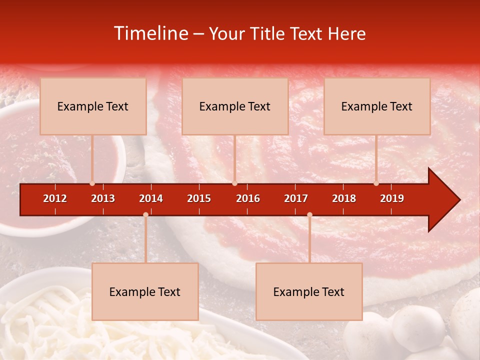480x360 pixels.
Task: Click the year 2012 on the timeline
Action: [x=55, y=198]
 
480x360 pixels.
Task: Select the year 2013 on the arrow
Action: [x=103, y=198]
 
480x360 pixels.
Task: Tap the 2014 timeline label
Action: [x=151, y=198]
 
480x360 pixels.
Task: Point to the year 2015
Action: [x=199, y=198]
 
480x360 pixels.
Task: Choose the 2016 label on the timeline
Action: [x=248, y=198]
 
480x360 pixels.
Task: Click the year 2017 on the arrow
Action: [x=296, y=198]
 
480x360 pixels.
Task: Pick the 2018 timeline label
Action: [x=344, y=198]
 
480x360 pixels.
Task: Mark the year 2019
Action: [x=392, y=198]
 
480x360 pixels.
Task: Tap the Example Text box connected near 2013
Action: [x=93, y=106]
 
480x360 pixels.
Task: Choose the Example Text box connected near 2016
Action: [x=235, y=106]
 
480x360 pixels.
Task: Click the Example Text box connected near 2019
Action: [x=377, y=106]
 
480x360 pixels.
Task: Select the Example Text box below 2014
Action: [x=145, y=291]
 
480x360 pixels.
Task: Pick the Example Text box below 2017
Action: [x=309, y=291]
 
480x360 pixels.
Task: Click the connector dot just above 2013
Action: [x=92, y=183]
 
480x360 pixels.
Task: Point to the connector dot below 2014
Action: [x=145, y=214]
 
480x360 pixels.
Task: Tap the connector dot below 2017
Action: [x=309, y=214]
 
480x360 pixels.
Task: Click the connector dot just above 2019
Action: [x=376, y=183]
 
